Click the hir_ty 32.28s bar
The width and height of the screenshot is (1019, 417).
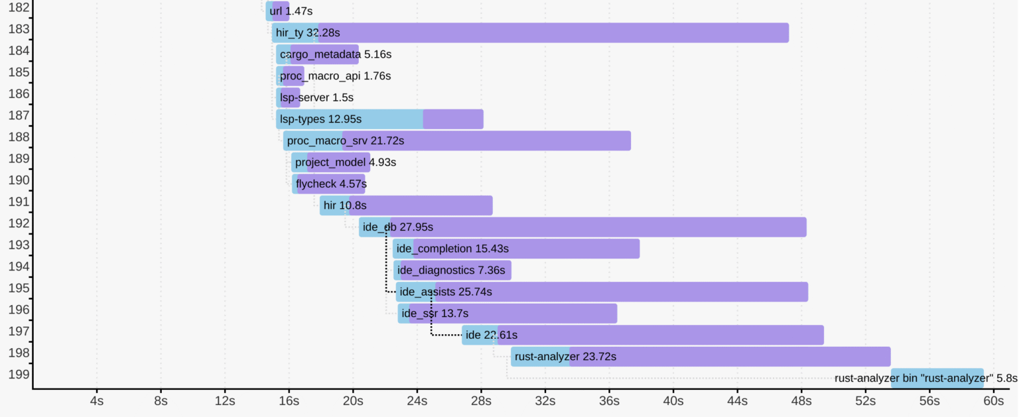(530, 32)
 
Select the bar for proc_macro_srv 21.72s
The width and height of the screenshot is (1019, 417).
(457, 141)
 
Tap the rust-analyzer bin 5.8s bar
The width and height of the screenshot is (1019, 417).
(937, 378)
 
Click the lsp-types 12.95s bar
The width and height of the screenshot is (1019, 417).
(379, 119)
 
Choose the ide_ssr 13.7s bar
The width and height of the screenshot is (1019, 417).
(508, 314)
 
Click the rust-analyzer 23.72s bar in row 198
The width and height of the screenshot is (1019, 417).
(701, 357)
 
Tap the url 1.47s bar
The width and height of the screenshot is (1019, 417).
(277, 11)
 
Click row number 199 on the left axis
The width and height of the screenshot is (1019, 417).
(17, 374)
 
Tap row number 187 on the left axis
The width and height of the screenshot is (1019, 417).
(17, 115)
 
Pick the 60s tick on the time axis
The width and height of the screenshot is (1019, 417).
(993, 402)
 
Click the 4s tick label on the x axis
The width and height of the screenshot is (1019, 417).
(97, 402)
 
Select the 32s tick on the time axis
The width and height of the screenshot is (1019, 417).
(545, 402)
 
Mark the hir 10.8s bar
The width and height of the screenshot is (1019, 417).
(406, 206)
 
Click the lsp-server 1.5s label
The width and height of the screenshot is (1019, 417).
(316, 97)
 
